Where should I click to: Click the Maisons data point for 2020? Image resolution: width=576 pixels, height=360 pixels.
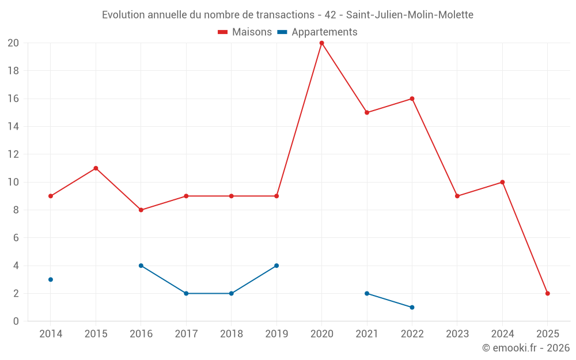[x=321, y=43]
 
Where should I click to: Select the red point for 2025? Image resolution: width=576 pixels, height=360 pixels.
[x=548, y=293]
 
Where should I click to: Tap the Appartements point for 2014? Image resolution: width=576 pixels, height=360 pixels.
[x=51, y=279]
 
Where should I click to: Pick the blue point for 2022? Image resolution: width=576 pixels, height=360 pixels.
[x=412, y=307]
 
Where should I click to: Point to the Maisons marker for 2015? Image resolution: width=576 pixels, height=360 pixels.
[x=96, y=168]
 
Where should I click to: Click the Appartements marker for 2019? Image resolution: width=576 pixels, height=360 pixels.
[x=276, y=266]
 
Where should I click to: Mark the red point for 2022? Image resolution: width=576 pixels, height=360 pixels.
[x=412, y=98]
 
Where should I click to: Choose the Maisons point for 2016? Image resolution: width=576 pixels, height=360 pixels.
[x=141, y=210]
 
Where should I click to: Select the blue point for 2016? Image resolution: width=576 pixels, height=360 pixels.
[x=141, y=266]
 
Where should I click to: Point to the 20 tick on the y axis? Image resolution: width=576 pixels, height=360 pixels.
[x=13, y=43]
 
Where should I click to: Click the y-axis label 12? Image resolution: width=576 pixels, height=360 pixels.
[x=13, y=154]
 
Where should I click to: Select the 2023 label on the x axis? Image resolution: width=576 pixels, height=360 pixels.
[x=457, y=334]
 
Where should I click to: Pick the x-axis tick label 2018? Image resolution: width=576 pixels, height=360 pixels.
[x=232, y=334]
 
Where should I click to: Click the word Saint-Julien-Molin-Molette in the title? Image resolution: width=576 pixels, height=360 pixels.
[x=410, y=15]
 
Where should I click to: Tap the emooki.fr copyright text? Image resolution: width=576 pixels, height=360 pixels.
[x=526, y=348]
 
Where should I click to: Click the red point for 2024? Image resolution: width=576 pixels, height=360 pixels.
[x=502, y=182]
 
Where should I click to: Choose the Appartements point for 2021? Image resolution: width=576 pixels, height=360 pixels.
[x=367, y=293]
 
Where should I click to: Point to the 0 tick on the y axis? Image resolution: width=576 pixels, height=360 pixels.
[x=16, y=321]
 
